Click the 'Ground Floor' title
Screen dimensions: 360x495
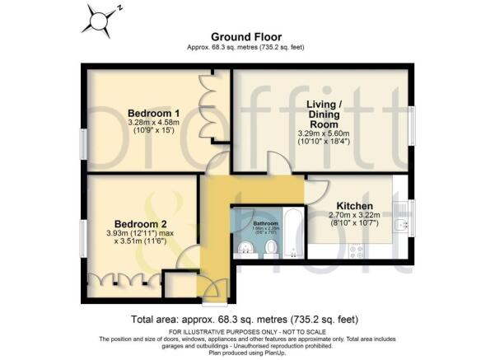246,37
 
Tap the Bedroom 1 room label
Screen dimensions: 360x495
154,114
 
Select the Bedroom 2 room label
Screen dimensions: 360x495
140,223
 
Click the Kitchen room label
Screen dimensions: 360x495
355,206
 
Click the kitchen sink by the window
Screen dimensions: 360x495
401,223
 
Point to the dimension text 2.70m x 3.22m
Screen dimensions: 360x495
355,217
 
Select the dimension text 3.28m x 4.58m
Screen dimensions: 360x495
154,124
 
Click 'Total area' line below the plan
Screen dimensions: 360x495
245,319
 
